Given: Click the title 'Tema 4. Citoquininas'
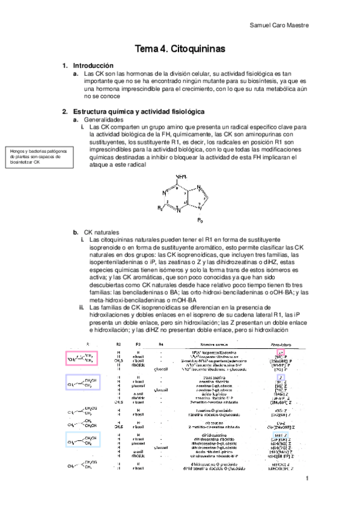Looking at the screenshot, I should (179, 49).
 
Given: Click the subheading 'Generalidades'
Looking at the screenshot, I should (105, 120).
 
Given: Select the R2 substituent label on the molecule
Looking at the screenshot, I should (160, 208).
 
